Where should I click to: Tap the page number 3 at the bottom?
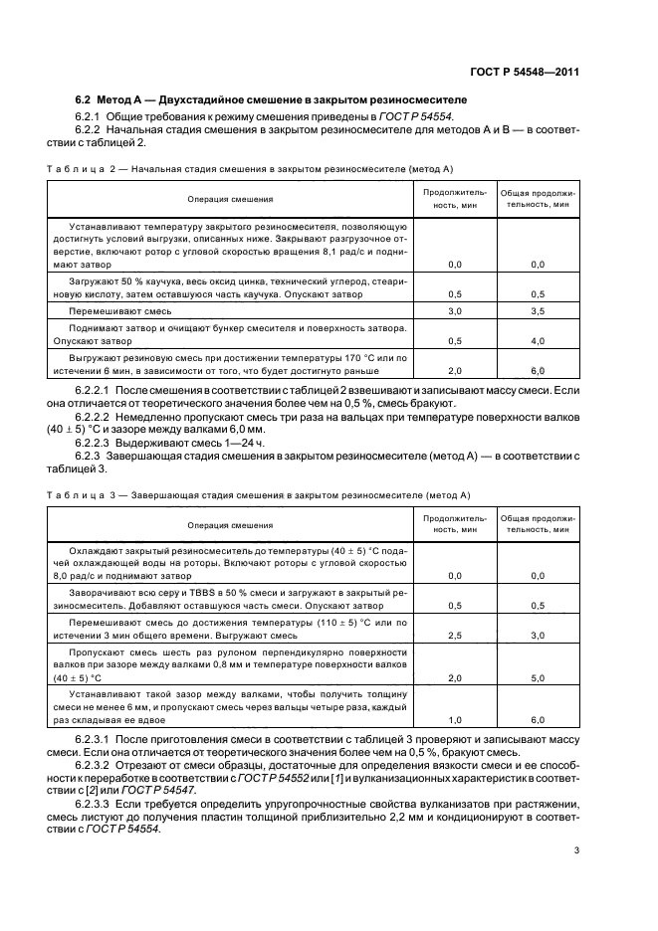tap(576, 848)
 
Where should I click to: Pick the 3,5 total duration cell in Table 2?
tap(538, 311)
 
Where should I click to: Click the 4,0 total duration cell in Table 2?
tap(538, 341)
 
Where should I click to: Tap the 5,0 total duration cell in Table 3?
tap(538, 678)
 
